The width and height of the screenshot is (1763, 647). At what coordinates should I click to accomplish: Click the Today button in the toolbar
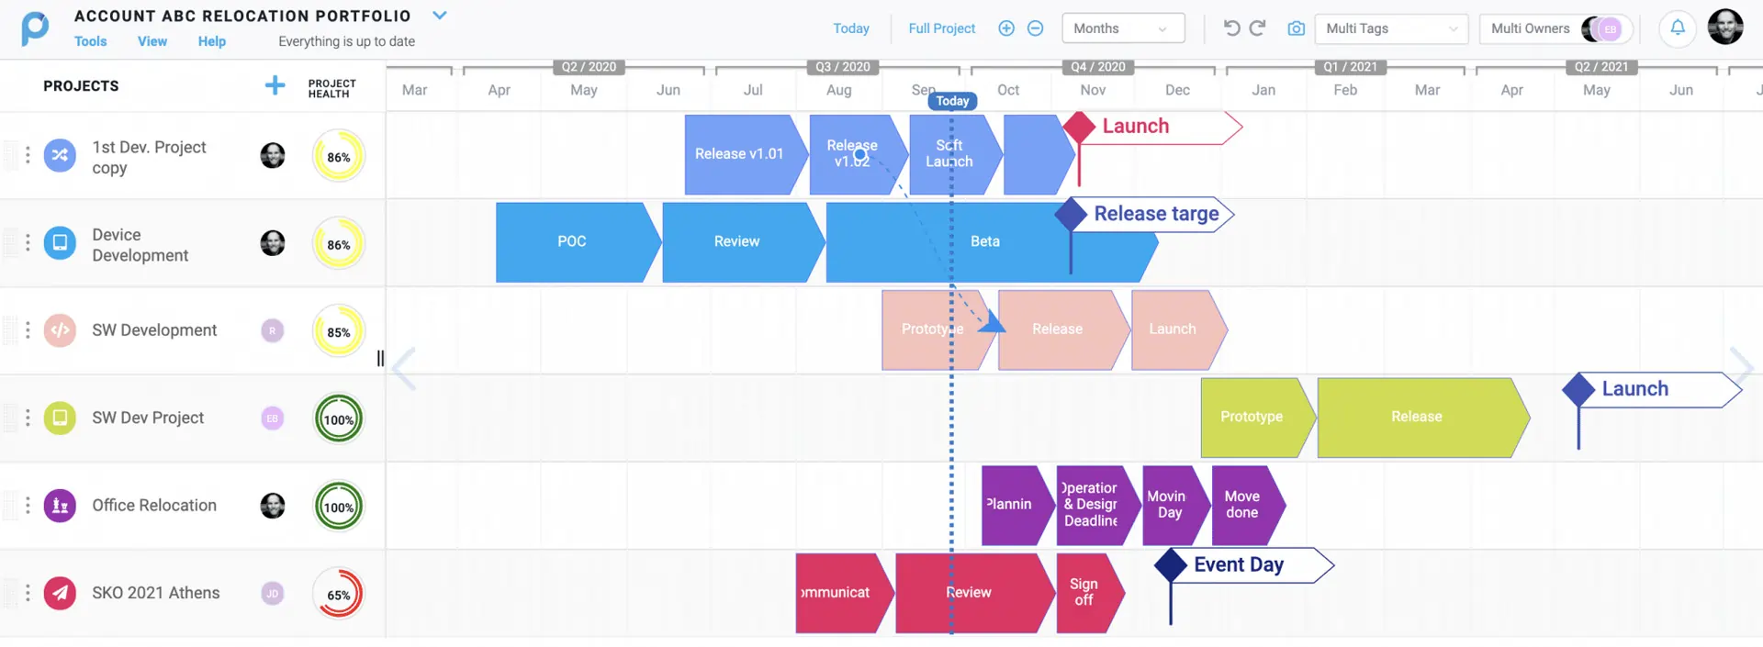(x=850, y=28)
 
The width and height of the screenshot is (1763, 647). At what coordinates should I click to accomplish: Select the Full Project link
(x=941, y=28)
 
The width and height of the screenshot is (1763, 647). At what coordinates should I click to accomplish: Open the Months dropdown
(x=1122, y=28)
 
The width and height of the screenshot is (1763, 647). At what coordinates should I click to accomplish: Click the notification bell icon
(x=1677, y=28)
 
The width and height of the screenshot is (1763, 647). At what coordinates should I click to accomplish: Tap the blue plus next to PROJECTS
(x=275, y=85)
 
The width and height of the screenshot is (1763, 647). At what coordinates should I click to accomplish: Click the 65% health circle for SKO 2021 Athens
(x=338, y=595)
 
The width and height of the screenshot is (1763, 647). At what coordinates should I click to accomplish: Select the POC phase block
(x=571, y=241)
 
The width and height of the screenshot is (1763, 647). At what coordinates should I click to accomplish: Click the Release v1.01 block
(x=739, y=154)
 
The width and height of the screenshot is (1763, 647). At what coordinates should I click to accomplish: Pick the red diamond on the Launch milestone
(x=1079, y=127)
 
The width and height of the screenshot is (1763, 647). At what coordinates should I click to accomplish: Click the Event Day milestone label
(x=1239, y=565)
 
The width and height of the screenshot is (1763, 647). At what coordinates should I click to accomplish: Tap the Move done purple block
(x=1242, y=505)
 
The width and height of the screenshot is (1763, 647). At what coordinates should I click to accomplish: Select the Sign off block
(x=1084, y=592)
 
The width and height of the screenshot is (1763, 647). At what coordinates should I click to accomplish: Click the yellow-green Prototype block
(x=1252, y=417)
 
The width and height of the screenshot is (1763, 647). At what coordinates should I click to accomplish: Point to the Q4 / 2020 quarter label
(x=1097, y=67)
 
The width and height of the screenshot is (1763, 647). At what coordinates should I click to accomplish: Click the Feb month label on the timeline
(x=1345, y=90)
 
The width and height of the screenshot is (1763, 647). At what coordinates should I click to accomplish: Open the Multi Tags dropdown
(x=1390, y=28)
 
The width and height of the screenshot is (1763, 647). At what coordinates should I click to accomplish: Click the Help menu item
(x=211, y=41)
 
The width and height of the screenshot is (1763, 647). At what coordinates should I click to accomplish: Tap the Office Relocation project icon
(x=60, y=505)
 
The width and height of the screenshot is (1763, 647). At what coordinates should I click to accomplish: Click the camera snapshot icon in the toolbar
(x=1296, y=28)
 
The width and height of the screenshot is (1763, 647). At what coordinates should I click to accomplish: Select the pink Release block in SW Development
(x=1057, y=329)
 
